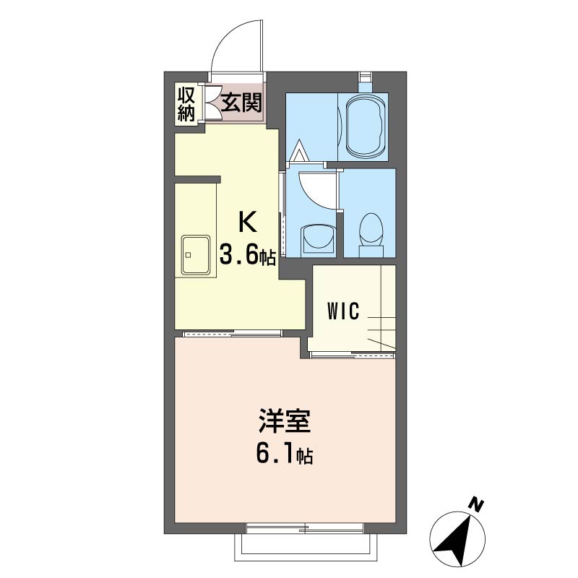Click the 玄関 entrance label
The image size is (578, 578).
pyautogui.click(x=241, y=103)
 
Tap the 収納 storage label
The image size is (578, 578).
pyautogui.click(x=186, y=105)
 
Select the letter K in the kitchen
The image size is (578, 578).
pyautogui.click(x=247, y=222)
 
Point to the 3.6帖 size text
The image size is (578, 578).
pyautogui.click(x=247, y=254)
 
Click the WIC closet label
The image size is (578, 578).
pyautogui.click(x=342, y=311)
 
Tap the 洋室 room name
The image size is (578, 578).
pyautogui.click(x=284, y=420)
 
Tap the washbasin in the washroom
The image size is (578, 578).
pyautogui.click(x=319, y=241)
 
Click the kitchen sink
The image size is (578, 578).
pyautogui.click(x=196, y=255)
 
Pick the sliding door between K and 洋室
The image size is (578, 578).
pyautogui.click(x=233, y=334)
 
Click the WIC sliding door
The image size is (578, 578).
pyautogui.click(x=353, y=355)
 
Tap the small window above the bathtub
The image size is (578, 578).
pyautogui.click(x=366, y=77)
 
